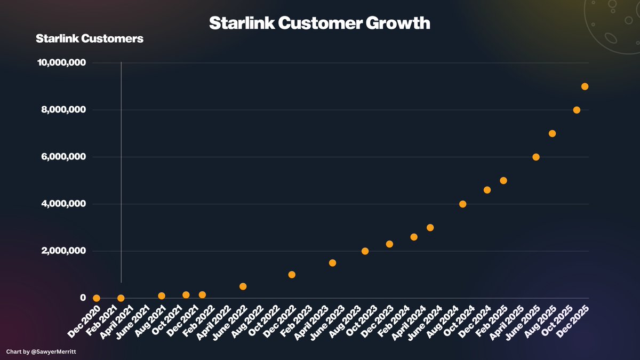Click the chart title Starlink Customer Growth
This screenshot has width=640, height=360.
pyautogui.click(x=319, y=23)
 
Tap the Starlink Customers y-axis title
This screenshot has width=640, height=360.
pyautogui.click(x=89, y=39)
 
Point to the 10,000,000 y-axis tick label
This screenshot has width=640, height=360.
pyautogui.click(x=61, y=63)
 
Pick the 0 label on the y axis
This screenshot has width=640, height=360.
pyautogui.click(x=83, y=298)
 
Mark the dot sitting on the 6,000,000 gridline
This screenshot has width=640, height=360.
pyautogui.click(x=536, y=157)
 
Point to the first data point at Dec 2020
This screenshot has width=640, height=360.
pyautogui.click(x=97, y=298)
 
